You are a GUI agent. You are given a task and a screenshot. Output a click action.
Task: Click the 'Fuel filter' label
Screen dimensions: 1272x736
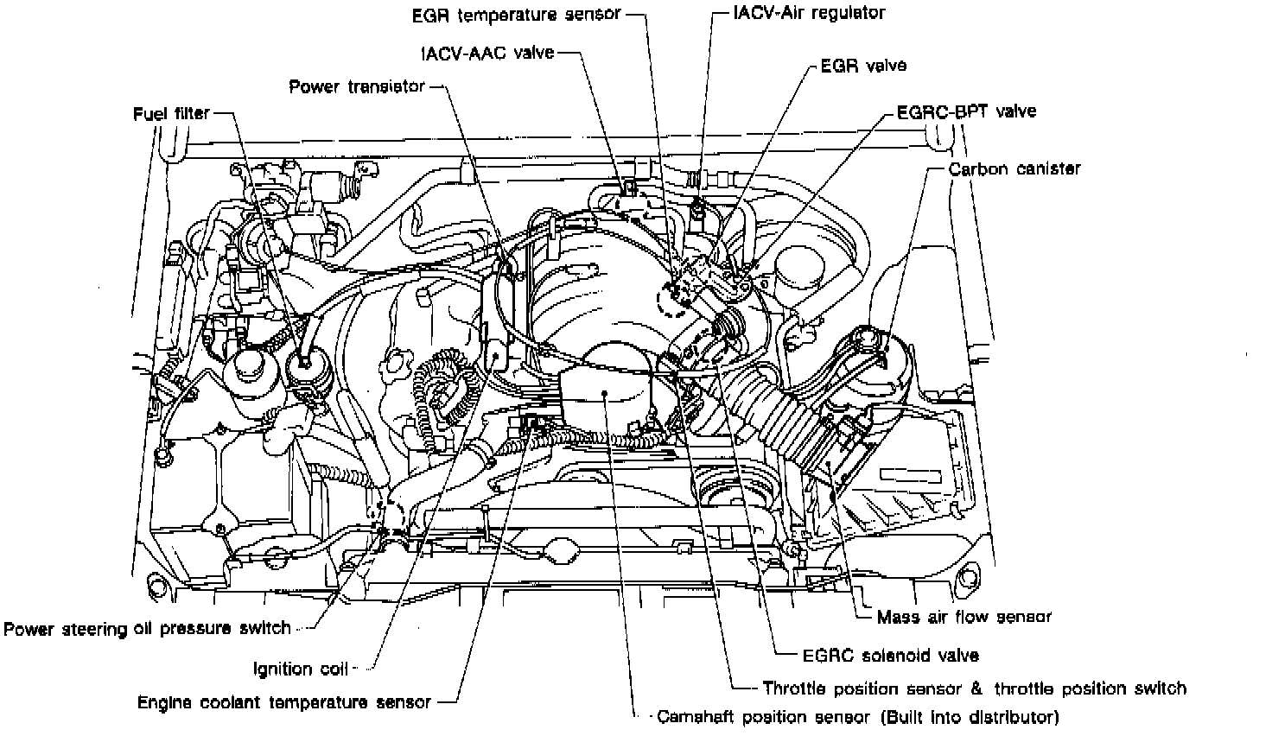(x=171, y=114)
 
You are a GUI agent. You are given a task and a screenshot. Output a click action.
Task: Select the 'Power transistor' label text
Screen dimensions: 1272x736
(x=357, y=87)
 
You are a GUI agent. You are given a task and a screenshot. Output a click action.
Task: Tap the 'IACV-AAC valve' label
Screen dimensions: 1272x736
(x=487, y=53)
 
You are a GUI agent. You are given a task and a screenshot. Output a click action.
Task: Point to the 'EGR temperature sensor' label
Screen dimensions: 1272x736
(x=517, y=15)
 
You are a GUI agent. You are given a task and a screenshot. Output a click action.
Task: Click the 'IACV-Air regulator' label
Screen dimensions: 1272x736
(x=809, y=13)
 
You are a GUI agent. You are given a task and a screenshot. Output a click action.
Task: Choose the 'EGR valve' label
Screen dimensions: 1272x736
(x=863, y=66)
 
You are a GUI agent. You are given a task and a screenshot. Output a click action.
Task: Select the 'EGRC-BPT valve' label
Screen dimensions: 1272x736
(x=966, y=111)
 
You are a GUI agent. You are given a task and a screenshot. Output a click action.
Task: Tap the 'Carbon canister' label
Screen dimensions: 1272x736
(x=1014, y=169)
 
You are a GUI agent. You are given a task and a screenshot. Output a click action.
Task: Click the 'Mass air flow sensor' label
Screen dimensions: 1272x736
(x=964, y=617)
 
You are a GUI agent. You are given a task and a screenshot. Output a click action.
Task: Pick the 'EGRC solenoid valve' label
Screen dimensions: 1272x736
(x=891, y=656)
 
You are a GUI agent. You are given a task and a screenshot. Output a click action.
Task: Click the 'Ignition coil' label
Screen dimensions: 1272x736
(x=301, y=669)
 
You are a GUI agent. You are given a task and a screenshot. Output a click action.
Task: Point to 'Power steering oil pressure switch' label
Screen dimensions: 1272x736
(x=147, y=629)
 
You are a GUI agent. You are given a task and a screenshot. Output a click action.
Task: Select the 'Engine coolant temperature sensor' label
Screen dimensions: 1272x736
(x=284, y=702)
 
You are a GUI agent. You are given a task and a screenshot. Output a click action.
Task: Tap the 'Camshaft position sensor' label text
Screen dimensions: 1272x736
(x=763, y=718)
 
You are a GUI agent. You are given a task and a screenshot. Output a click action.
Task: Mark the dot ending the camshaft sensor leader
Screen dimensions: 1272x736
(x=606, y=393)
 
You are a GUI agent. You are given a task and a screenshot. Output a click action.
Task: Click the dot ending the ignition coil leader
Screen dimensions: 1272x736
(x=496, y=355)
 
